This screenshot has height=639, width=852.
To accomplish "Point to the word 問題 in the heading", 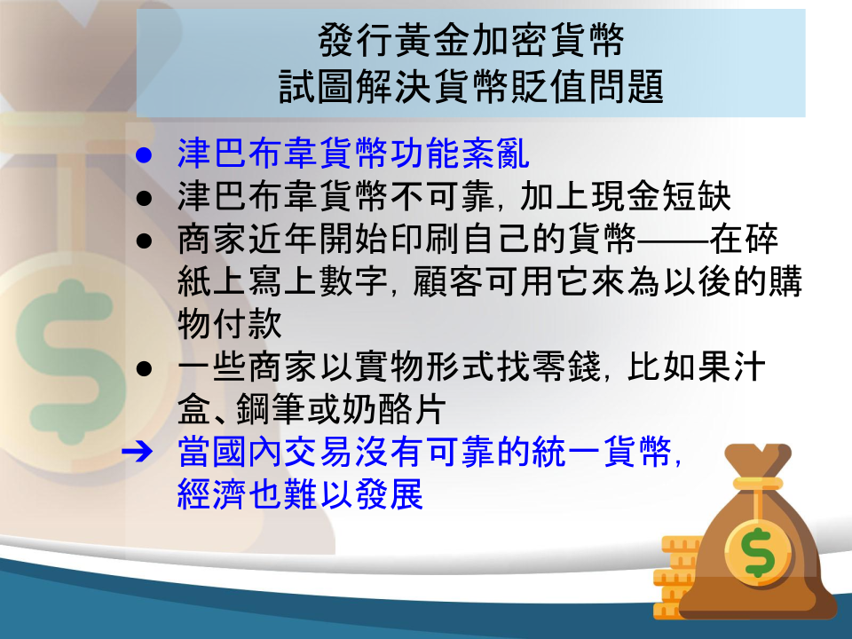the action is [x=626, y=87].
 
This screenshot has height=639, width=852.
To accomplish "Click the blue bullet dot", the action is [x=144, y=155].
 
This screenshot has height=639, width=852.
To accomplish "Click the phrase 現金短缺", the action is [x=660, y=196].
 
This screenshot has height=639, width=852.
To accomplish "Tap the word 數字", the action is [x=354, y=281].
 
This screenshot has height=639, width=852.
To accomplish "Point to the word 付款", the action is [x=248, y=324].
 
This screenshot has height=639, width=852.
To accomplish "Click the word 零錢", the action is [x=566, y=367].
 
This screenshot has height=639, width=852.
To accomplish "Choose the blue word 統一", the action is [x=567, y=452].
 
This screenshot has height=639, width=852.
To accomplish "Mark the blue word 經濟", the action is [x=212, y=494].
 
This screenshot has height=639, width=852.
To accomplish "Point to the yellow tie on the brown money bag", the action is [x=758, y=484].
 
